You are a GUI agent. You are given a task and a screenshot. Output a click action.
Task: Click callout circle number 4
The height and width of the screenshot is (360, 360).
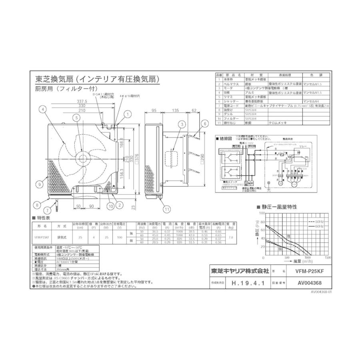click(42, 108)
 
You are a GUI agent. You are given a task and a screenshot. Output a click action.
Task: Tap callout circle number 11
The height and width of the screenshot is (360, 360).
click(166, 208)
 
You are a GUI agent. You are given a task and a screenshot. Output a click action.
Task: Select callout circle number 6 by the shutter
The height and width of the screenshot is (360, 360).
click(204, 123)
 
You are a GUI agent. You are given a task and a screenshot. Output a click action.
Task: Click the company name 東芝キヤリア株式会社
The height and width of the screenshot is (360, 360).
click(240, 271)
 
